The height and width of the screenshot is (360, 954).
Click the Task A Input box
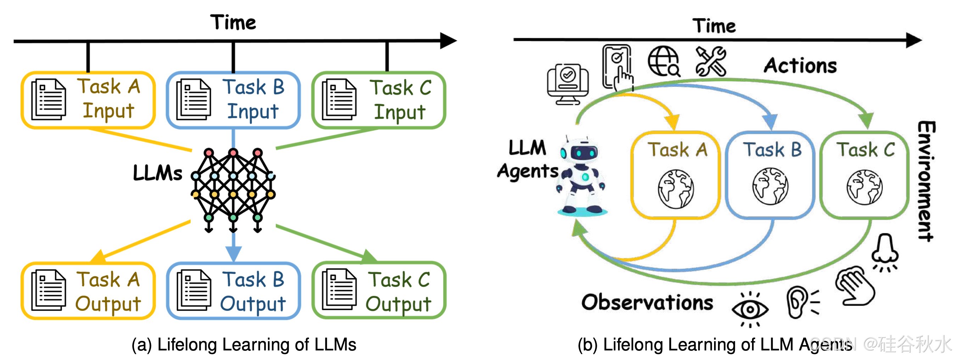(x=88, y=100)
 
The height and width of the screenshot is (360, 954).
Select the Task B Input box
(x=233, y=100)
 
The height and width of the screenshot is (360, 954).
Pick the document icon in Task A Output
(x=49, y=290)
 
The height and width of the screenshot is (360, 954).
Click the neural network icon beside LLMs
(x=233, y=189)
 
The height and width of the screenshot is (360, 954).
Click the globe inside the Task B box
(x=770, y=186)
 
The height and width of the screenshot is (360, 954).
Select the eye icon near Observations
(x=750, y=309)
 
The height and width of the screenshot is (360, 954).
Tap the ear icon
(x=800, y=302)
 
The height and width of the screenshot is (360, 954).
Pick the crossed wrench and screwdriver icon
(x=711, y=61)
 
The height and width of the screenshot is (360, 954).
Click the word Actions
(x=800, y=66)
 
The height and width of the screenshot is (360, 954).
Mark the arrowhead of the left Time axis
(x=449, y=40)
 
